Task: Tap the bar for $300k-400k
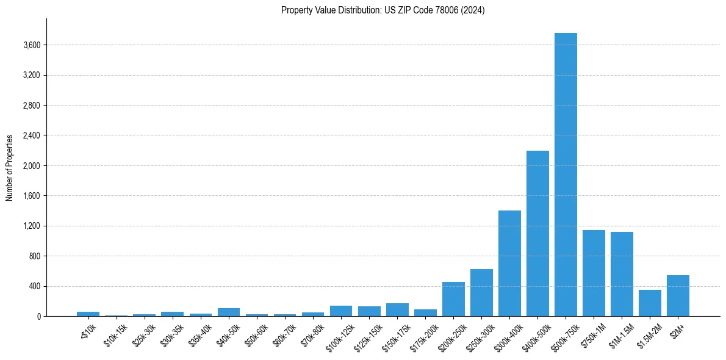pos(509,263)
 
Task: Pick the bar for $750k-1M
pos(594,273)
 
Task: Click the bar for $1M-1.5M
pos(622,274)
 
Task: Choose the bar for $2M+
pos(678,295)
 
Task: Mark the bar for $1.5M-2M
pos(650,303)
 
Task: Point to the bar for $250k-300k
pos(481,292)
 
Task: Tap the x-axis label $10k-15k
pos(115,334)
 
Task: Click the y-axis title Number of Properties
pos(10,168)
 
